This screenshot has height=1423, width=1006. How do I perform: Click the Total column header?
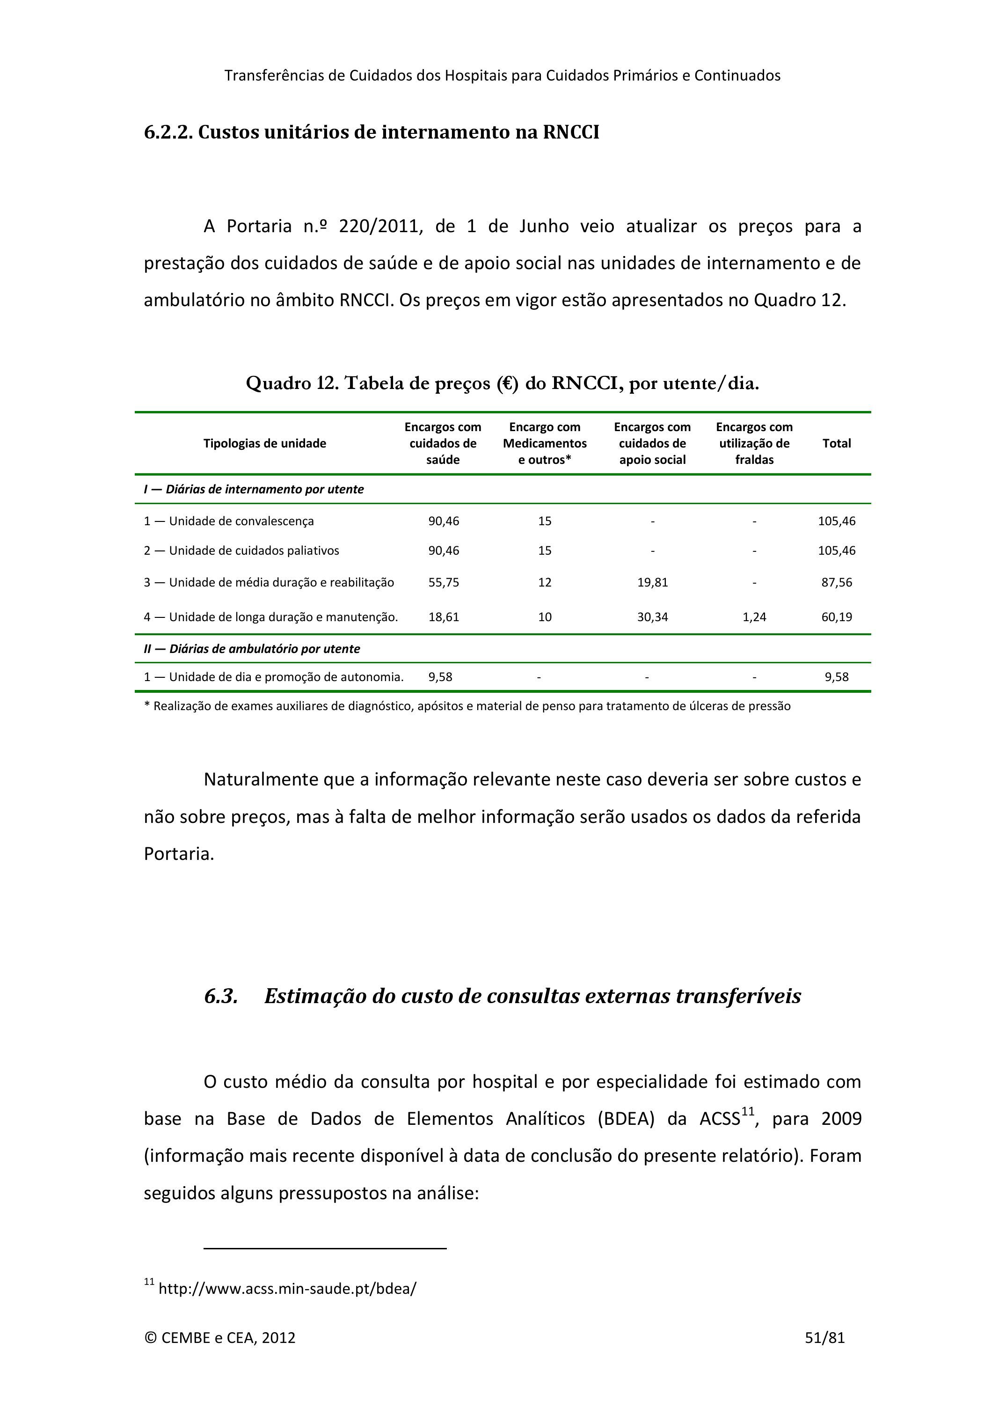pyautogui.click(x=836, y=443)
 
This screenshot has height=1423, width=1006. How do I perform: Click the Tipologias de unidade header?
pyautogui.click(x=264, y=443)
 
